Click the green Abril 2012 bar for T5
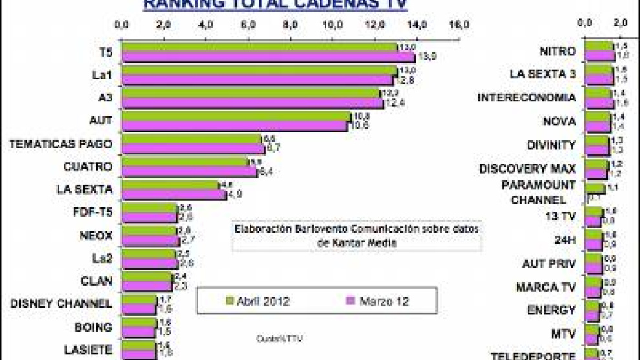[x=259, y=47]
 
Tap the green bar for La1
[x=259, y=70]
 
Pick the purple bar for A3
[x=252, y=103]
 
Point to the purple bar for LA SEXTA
[x=173, y=195]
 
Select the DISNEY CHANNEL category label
[x=61, y=303]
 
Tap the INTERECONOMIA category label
[x=526, y=98]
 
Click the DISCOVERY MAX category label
[x=527, y=169]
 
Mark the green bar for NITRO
[x=599, y=47]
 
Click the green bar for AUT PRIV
[x=593, y=259]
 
